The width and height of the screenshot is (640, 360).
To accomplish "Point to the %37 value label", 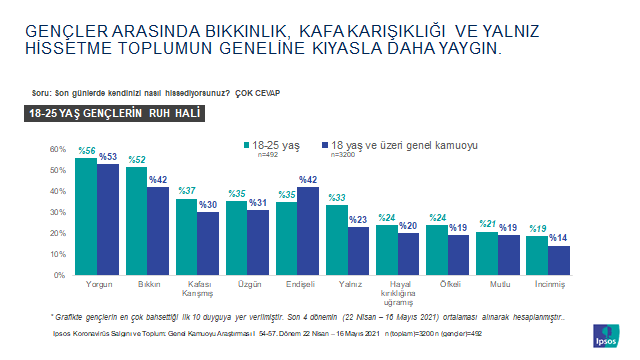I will pyautogui.click(x=185, y=190).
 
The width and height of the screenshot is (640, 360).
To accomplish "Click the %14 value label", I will pyautogui.click(x=560, y=238).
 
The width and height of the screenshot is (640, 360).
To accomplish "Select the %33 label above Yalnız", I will pyautogui.click(x=336, y=197).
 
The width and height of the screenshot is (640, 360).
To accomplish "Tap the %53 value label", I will pyautogui.click(x=109, y=156).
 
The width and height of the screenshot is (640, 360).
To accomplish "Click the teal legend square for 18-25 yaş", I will pyautogui.click(x=245, y=145).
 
